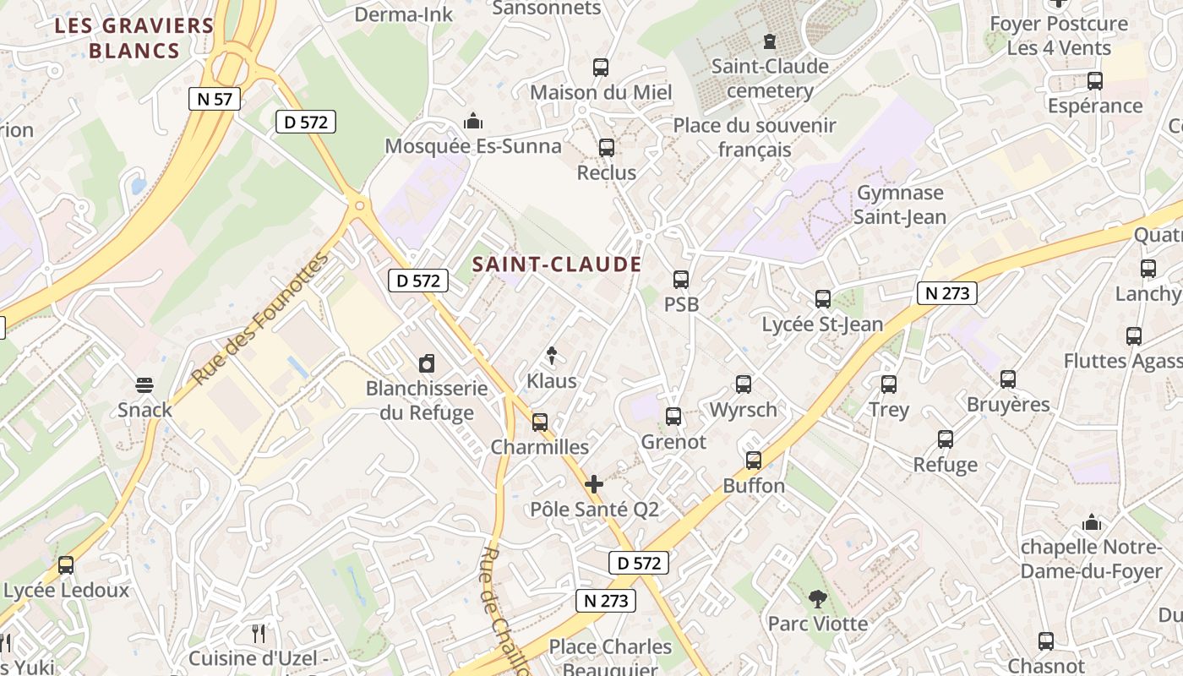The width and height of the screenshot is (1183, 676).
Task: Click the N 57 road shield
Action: (x=215, y=99)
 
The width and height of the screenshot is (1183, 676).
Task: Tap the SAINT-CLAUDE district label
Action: (x=557, y=264)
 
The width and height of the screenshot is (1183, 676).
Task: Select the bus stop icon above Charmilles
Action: (x=540, y=422)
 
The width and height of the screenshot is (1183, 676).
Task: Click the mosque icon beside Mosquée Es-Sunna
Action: (x=473, y=121)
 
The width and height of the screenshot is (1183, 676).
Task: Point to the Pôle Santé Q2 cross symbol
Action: (x=594, y=484)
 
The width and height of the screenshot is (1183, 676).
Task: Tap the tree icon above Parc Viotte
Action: (x=817, y=599)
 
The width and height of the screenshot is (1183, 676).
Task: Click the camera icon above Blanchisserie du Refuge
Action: (x=427, y=364)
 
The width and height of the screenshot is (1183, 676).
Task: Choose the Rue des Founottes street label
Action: (x=259, y=319)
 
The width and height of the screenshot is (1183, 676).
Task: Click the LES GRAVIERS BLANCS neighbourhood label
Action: (x=134, y=38)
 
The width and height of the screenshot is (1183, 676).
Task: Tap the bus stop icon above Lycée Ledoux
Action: (x=66, y=565)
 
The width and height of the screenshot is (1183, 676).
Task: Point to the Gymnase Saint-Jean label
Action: (x=899, y=204)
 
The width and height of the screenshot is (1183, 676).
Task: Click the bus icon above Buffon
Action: (x=754, y=461)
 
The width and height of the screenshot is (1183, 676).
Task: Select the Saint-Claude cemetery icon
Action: (x=770, y=41)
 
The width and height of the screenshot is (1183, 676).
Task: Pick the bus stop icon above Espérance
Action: (x=1095, y=81)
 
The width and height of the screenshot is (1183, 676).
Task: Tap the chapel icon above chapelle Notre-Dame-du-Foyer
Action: (x=1092, y=522)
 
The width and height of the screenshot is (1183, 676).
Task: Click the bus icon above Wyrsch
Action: (x=744, y=384)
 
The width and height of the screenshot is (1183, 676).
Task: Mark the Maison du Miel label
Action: (x=601, y=92)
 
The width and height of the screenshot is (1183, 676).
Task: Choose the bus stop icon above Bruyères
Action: (x=1008, y=379)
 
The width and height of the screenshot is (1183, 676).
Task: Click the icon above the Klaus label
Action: (x=553, y=355)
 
